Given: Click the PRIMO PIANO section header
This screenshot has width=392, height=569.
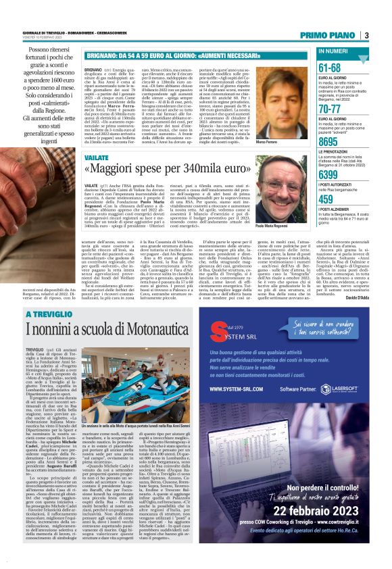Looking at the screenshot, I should click(328, 35).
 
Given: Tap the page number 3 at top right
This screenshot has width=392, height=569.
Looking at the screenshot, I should click(366, 35).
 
